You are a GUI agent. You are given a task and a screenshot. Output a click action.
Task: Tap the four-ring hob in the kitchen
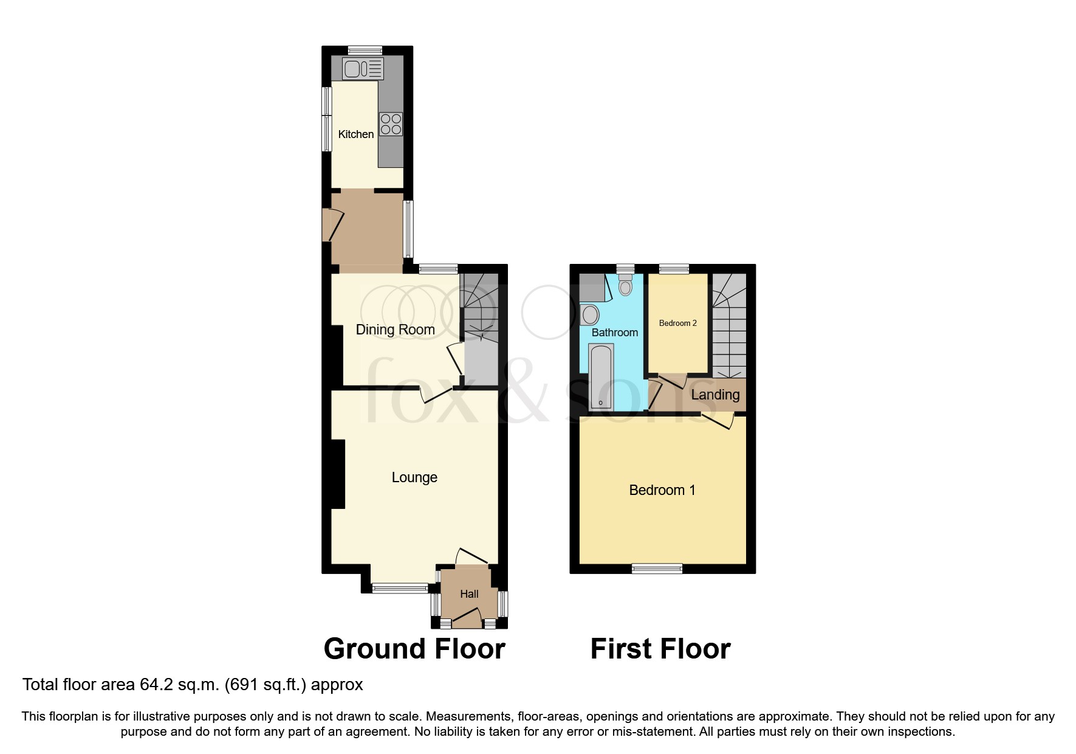point(391,124)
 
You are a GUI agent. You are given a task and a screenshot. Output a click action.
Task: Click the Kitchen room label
point(355,134)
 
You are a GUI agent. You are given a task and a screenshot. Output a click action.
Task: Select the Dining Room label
point(395,330)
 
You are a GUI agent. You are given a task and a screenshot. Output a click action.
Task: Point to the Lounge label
point(414,477)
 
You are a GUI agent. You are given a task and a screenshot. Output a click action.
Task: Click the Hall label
point(469,594)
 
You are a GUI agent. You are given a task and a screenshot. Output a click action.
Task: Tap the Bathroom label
point(614,333)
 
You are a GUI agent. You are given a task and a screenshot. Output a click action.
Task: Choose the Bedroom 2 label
point(677,323)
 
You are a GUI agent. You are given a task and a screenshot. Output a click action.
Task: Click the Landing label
point(715,395)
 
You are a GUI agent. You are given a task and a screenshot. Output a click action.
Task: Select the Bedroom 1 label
point(662,490)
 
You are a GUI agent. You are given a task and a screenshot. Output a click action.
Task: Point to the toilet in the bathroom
point(625,285)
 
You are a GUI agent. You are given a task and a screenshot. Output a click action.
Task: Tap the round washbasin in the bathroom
point(590,315)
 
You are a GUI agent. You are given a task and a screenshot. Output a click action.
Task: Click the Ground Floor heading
point(414,649)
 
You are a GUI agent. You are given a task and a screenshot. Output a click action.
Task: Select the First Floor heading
point(660,649)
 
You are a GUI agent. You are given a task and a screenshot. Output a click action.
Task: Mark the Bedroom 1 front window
point(657,569)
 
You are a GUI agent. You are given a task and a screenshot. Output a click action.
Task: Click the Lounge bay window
point(400,587)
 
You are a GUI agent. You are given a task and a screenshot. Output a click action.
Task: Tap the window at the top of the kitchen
point(365,50)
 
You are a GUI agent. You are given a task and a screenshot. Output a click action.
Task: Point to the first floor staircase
point(729,328)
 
